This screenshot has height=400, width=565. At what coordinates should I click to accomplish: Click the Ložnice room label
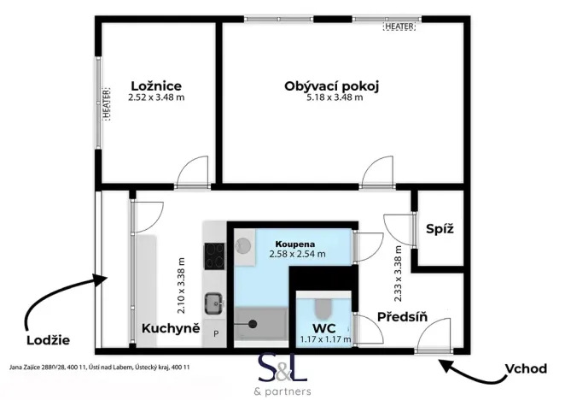pyautogui.click(x=156, y=85)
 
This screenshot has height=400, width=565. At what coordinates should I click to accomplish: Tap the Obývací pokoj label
pyautogui.click(x=330, y=85)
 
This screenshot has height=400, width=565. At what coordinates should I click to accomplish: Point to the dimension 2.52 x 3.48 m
pyautogui.click(x=156, y=97)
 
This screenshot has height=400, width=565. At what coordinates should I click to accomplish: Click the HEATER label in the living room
pyautogui.click(x=399, y=26)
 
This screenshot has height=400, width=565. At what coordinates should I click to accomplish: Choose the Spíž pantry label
pyautogui.click(x=440, y=229)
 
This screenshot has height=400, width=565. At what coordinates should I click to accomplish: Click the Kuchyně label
pyautogui.click(x=171, y=328)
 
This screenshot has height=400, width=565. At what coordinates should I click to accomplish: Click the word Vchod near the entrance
pyautogui.click(x=525, y=369)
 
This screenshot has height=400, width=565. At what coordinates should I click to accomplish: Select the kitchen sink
pyautogui.click(x=213, y=303)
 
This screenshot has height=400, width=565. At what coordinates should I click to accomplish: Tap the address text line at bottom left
pyautogui.click(x=99, y=367)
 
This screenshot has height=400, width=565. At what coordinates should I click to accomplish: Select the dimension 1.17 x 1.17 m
pyautogui.click(x=324, y=339)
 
